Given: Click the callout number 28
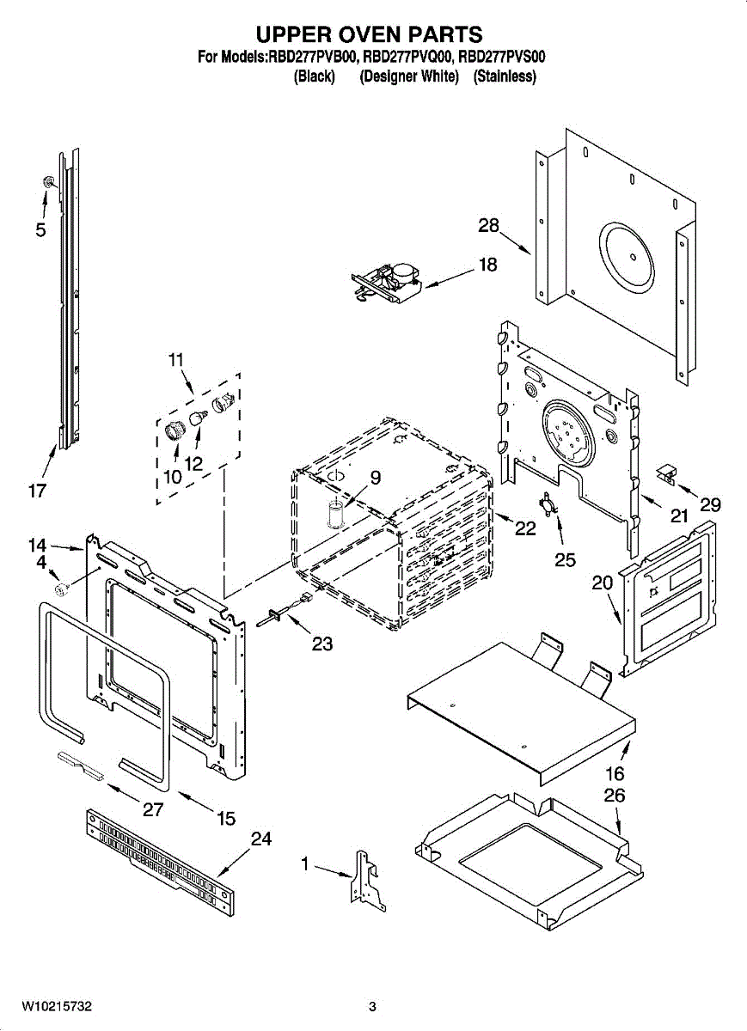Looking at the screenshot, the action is [488, 225].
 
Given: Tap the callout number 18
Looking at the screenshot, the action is [488, 265].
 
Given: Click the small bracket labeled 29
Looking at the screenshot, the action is [666, 473].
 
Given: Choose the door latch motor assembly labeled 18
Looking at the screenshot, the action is [387, 282].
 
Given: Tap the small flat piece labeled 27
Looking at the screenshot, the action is [81, 766].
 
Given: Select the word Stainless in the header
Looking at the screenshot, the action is [505, 76].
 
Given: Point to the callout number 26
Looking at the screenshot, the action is [614, 796].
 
